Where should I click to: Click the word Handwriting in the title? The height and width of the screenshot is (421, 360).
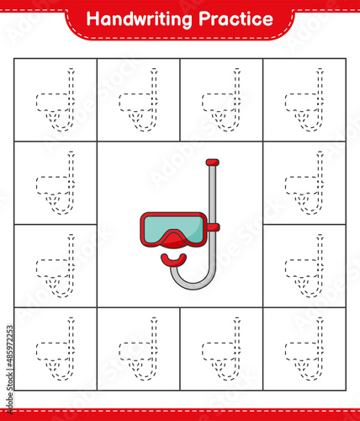(x=138, y=19)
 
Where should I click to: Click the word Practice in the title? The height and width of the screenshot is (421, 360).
(x=233, y=19)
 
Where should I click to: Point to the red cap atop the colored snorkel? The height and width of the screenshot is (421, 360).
(x=212, y=162)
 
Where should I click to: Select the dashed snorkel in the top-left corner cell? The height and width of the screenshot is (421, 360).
(x=54, y=102)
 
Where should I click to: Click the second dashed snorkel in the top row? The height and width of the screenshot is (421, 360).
(x=137, y=102)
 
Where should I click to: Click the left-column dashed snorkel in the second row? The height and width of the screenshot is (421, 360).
(x=54, y=184)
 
